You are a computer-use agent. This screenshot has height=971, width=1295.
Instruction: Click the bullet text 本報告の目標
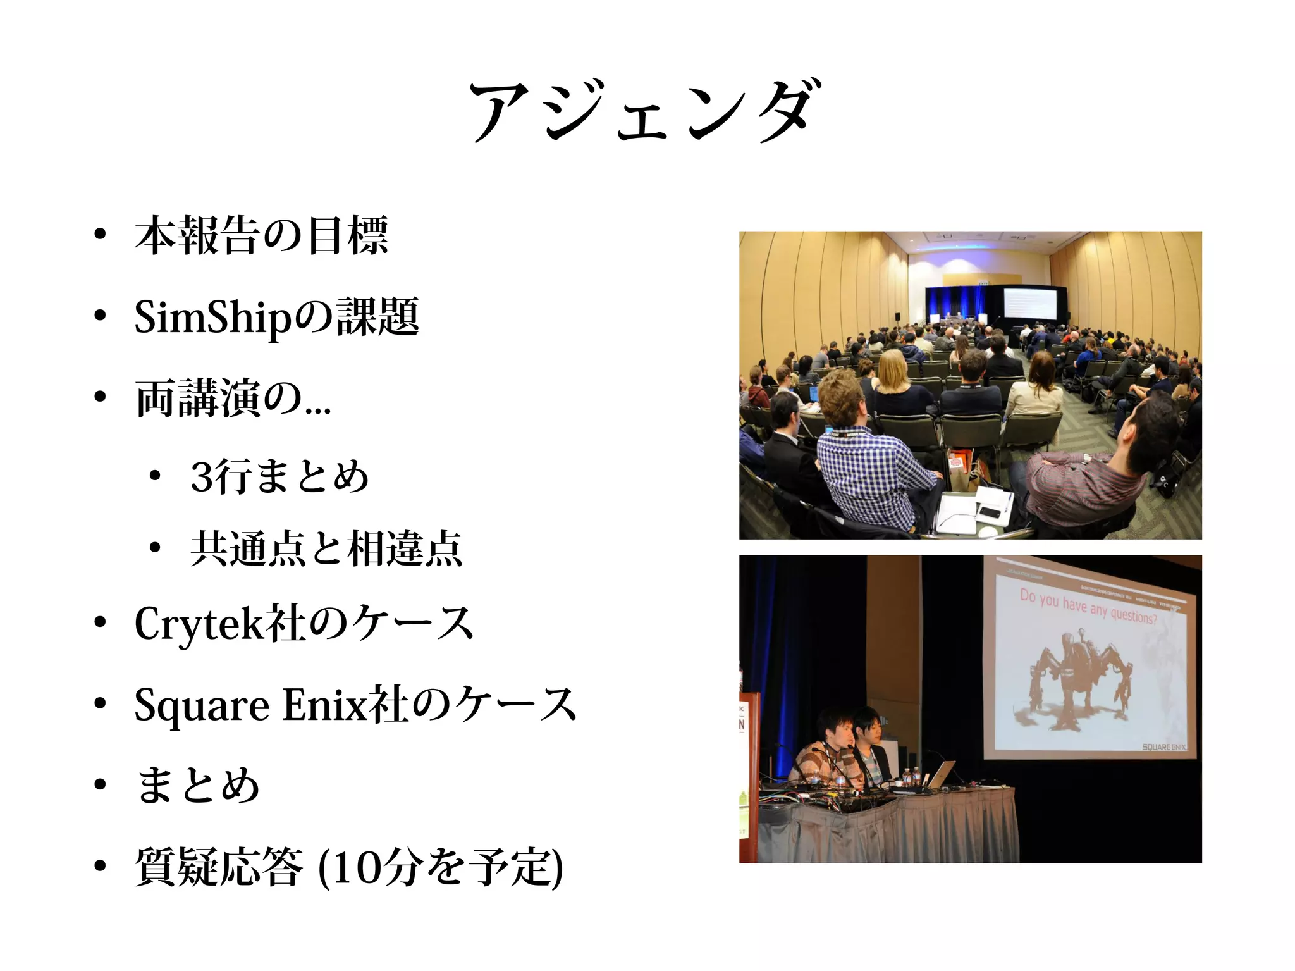pos(261,235)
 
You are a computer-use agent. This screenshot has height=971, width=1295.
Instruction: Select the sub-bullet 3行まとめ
pos(279,477)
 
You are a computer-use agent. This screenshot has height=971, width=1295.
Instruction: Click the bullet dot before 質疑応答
pos(99,867)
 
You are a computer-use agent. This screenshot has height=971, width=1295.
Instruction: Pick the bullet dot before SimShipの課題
pos(99,316)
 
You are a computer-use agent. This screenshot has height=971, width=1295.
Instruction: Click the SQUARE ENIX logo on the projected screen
pos(1163,747)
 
